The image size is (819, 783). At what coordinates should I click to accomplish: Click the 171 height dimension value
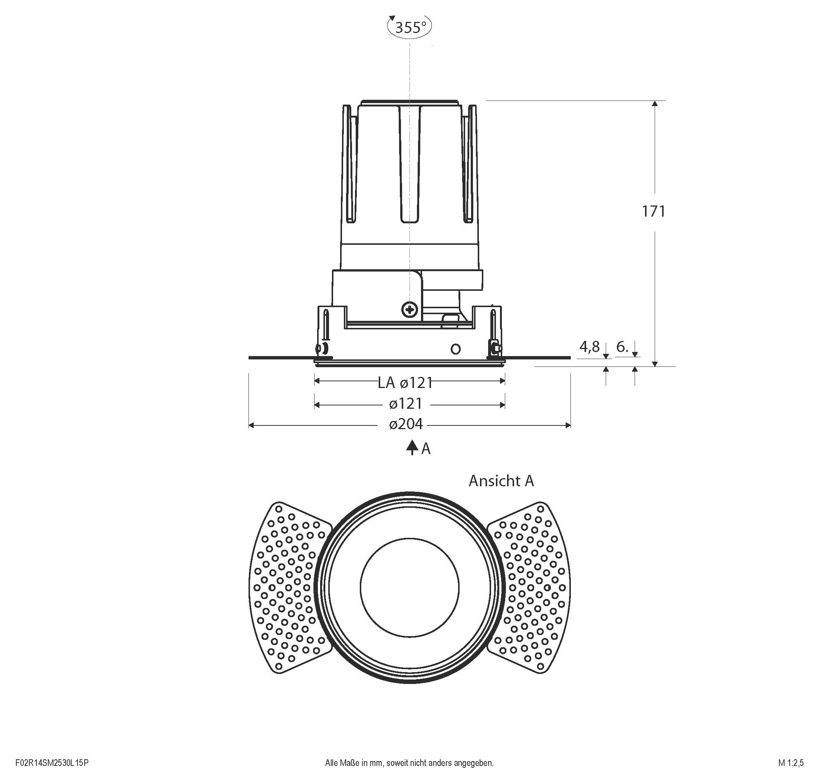[x=653, y=212]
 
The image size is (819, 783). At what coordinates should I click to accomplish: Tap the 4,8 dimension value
[x=589, y=346]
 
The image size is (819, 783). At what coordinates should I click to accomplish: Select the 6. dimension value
[x=622, y=346]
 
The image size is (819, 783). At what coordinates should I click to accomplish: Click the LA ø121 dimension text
[x=405, y=382]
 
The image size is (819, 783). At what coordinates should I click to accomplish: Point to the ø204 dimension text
[x=406, y=424]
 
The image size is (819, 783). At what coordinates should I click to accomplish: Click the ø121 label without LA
[x=406, y=404]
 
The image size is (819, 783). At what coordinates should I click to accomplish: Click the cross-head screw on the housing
[x=409, y=310]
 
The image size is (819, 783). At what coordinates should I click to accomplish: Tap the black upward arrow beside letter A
[x=412, y=447]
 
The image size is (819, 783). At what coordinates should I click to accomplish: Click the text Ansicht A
[x=501, y=481]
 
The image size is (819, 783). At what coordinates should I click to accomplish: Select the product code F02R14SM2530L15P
[x=52, y=763]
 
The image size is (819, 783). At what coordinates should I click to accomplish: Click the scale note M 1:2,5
[x=790, y=763]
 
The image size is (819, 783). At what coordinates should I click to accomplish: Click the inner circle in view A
[x=409, y=587]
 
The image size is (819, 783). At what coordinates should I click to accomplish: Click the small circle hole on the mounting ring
[x=456, y=349]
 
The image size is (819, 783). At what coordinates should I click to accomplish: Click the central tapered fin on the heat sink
[x=409, y=163]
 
